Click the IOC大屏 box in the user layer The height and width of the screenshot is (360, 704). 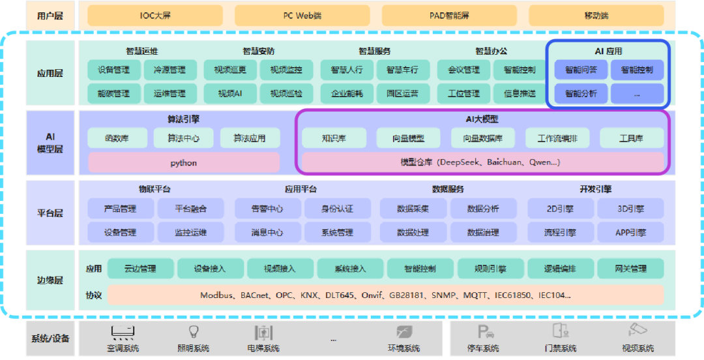(x=155, y=15)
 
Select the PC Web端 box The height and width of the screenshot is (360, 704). (x=302, y=15)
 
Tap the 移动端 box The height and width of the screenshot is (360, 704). (x=595, y=15)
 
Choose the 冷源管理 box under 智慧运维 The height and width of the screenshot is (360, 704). (x=169, y=70)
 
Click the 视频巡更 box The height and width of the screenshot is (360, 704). (x=230, y=70)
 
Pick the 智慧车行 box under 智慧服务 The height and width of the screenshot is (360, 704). (x=402, y=70)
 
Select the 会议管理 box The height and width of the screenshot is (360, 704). (x=463, y=70)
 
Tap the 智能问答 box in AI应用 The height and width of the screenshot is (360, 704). (x=581, y=70)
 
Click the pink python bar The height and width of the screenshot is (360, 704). (x=184, y=162)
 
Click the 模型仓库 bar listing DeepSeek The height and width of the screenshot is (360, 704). (x=482, y=162)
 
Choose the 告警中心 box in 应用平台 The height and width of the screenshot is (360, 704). (x=267, y=209)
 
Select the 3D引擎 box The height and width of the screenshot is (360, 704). (x=630, y=209)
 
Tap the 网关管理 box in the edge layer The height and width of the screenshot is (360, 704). (x=630, y=268)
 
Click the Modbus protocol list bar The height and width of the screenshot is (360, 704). (x=385, y=295)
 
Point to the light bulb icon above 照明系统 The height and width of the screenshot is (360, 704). (x=194, y=331)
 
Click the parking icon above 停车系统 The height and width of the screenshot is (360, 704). (x=483, y=331)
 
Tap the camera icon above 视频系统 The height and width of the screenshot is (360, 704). (x=637, y=330)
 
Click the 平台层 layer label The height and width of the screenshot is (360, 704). (x=50, y=213)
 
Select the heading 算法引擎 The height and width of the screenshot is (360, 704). (x=183, y=119)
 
